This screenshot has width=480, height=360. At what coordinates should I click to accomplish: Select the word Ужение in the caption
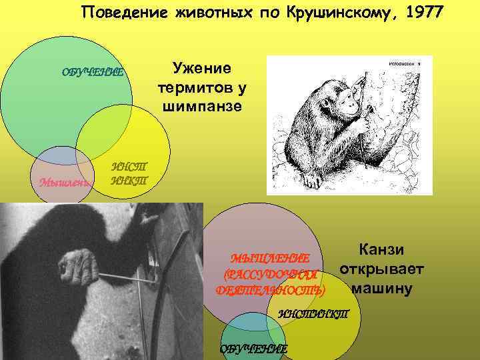[x=201, y=69]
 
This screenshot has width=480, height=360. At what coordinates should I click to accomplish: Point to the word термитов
[x=201, y=88]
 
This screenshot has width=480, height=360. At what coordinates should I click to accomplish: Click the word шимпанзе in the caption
[x=201, y=107]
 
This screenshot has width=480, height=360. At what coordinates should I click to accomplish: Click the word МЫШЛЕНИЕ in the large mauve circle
[x=270, y=259]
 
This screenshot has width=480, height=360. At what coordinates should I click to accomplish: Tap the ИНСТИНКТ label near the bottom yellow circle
[x=313, y=314]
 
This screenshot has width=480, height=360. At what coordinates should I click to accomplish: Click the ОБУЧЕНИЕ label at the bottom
[x=254, y=349]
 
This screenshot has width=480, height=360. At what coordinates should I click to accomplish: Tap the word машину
[x=382, y=289]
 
